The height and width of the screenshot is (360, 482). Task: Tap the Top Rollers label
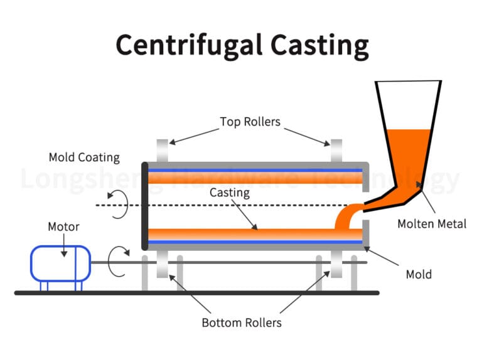coord(249,121)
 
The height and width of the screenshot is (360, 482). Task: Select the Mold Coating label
coord(84,157)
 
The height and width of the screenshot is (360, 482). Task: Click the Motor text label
coord(64,226)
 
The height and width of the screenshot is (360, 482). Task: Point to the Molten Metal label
coord(432,224)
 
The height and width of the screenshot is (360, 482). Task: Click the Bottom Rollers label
coord(242,323)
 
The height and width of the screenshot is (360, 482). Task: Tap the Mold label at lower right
coord(419,274)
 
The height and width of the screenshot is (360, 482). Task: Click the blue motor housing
coord(61,263)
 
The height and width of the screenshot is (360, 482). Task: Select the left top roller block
coord(162,151)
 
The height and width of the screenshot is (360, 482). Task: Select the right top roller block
coord(336,151)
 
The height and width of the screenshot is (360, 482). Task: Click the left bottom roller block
coord(162,265)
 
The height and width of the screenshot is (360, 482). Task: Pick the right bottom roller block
coord(336,265)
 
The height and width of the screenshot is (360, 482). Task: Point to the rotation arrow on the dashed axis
coord(119,205)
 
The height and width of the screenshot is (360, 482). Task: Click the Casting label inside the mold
coord(230,193)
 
